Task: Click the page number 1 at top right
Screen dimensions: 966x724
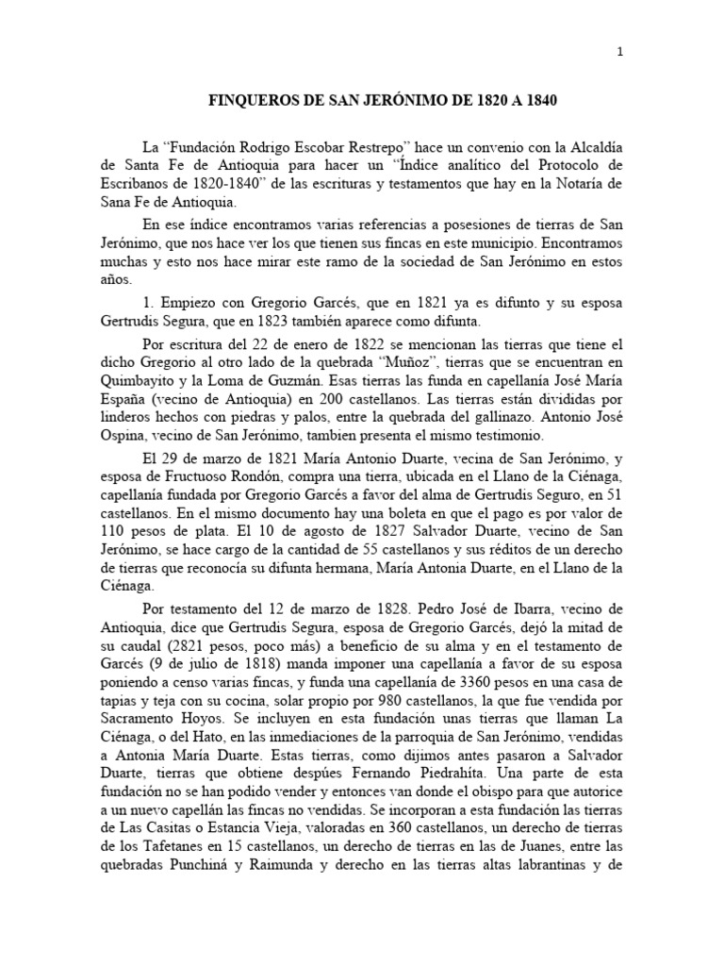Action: [x=619, y=53]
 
